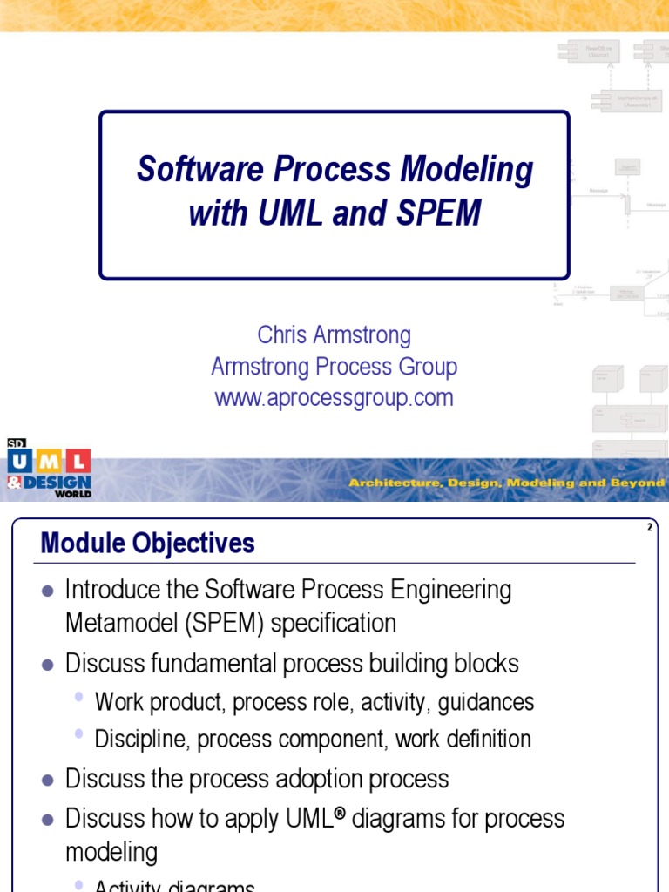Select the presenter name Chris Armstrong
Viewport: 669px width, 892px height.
(x=334, y=335)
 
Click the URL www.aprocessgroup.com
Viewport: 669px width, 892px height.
(x=334, y=398)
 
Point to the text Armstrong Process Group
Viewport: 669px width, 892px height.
(x=334, y=367)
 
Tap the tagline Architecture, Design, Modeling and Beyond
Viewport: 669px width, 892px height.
(x=506, y=483)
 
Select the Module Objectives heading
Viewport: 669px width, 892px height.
(x=148, y=544)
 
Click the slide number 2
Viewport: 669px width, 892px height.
(x=650, y=528)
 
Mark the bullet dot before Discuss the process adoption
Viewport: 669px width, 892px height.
(x=48, y=779)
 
